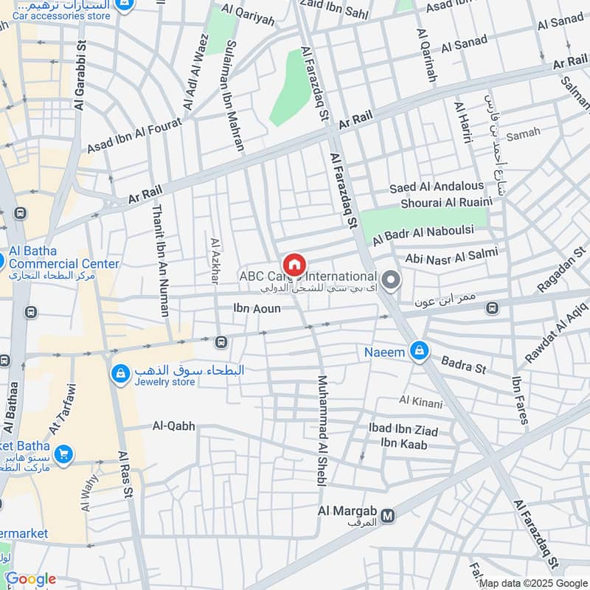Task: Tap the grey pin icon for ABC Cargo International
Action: (x=392, y=281)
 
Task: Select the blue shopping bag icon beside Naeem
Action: (x=419, y=352)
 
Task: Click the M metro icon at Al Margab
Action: (x=389, y=516)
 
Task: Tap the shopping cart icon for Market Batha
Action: (x=63, y=453)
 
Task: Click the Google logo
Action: (x=30, y=579)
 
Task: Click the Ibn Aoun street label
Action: (x=257, y=308)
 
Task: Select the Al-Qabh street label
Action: (x=174, y=426)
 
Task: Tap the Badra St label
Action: (x=464, y=364)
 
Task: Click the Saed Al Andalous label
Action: (x=437, y=186)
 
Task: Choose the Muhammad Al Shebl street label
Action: (x=322, y=431)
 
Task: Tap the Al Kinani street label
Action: (x=420, y=402)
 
